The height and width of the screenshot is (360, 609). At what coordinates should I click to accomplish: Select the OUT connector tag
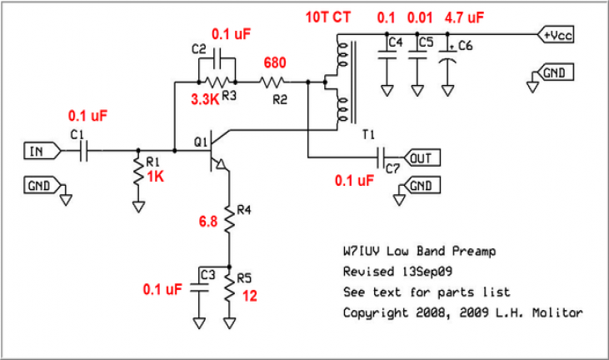422,157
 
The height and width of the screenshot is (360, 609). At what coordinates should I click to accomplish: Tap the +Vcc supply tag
556,36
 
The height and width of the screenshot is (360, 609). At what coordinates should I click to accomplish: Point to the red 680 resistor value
275,63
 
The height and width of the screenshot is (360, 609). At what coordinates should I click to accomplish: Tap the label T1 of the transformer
368,135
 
